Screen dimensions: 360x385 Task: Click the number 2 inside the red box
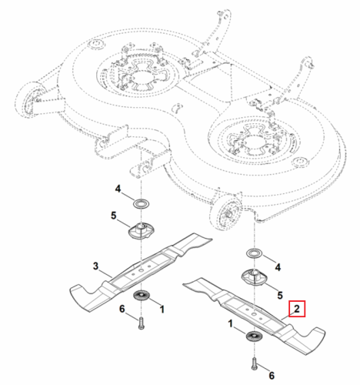(297, 309)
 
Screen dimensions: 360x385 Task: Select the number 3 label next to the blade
(95, 266)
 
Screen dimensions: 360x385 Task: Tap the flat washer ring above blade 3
(142, 205)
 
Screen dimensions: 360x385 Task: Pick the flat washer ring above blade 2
(255, 254)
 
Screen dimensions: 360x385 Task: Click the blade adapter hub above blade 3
(141, 230)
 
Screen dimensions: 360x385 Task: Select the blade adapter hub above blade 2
(255, 277)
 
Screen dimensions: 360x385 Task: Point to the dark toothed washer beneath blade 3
(142, 295)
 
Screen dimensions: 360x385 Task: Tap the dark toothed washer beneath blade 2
(254, 336)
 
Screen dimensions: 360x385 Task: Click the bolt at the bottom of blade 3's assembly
(141, 323)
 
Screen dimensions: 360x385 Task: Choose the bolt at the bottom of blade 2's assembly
(255, 363)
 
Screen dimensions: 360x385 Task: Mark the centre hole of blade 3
(141, 271)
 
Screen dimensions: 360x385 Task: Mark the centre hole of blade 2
(254, 313)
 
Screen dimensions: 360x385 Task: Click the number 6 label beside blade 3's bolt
(122, 309)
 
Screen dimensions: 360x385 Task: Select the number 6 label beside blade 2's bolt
(272, 376)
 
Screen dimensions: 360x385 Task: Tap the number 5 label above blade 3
(114, 216)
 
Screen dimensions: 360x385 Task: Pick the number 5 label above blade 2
(280, 295)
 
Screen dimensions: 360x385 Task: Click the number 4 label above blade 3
(118, 189)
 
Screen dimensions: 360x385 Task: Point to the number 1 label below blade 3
(162, 310)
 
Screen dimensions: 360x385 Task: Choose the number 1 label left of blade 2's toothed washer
(231, 323)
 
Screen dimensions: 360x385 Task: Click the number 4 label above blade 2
(278, 267)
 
